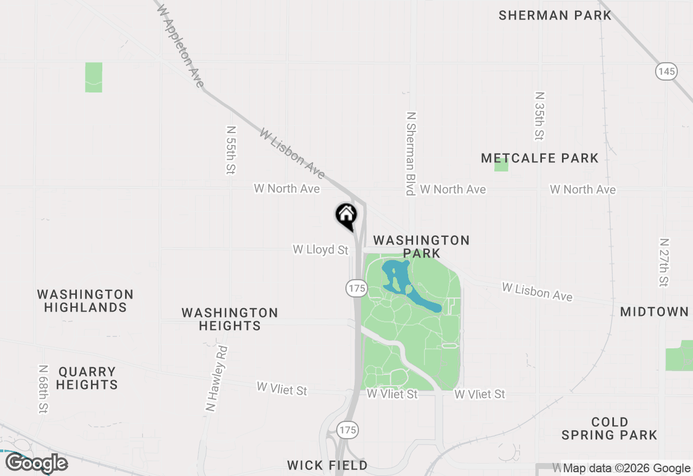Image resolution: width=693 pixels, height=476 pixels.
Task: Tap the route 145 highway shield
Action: [x=667, y=71]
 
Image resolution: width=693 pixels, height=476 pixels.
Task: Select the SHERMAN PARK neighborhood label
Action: [x=555, y=15]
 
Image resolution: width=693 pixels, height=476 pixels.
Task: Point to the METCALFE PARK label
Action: [x=540, y=158]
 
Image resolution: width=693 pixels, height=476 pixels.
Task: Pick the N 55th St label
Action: [x=231, y=150]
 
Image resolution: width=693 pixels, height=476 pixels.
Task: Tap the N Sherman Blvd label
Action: [x=411, y=153]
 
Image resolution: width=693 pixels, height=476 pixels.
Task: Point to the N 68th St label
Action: [x=44, y=389]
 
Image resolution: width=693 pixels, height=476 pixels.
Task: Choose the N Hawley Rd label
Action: [x=217, y=379]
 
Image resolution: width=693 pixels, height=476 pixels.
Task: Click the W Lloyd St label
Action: [x=321, y=249]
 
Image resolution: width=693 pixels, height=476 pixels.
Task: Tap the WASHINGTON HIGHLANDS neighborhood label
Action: [x=86, y=301]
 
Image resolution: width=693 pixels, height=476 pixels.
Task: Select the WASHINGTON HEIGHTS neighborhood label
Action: [x=230, y=319]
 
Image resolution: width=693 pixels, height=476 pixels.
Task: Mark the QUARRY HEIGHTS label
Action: [x=87, y=378]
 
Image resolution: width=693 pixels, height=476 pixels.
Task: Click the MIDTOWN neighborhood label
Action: [x=655, y=312]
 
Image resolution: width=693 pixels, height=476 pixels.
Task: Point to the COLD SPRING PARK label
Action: [x=609, y=428]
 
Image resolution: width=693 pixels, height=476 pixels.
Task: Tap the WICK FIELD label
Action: [x=327, y=465]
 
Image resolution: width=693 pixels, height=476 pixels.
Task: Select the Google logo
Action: [x=36, y=464]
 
